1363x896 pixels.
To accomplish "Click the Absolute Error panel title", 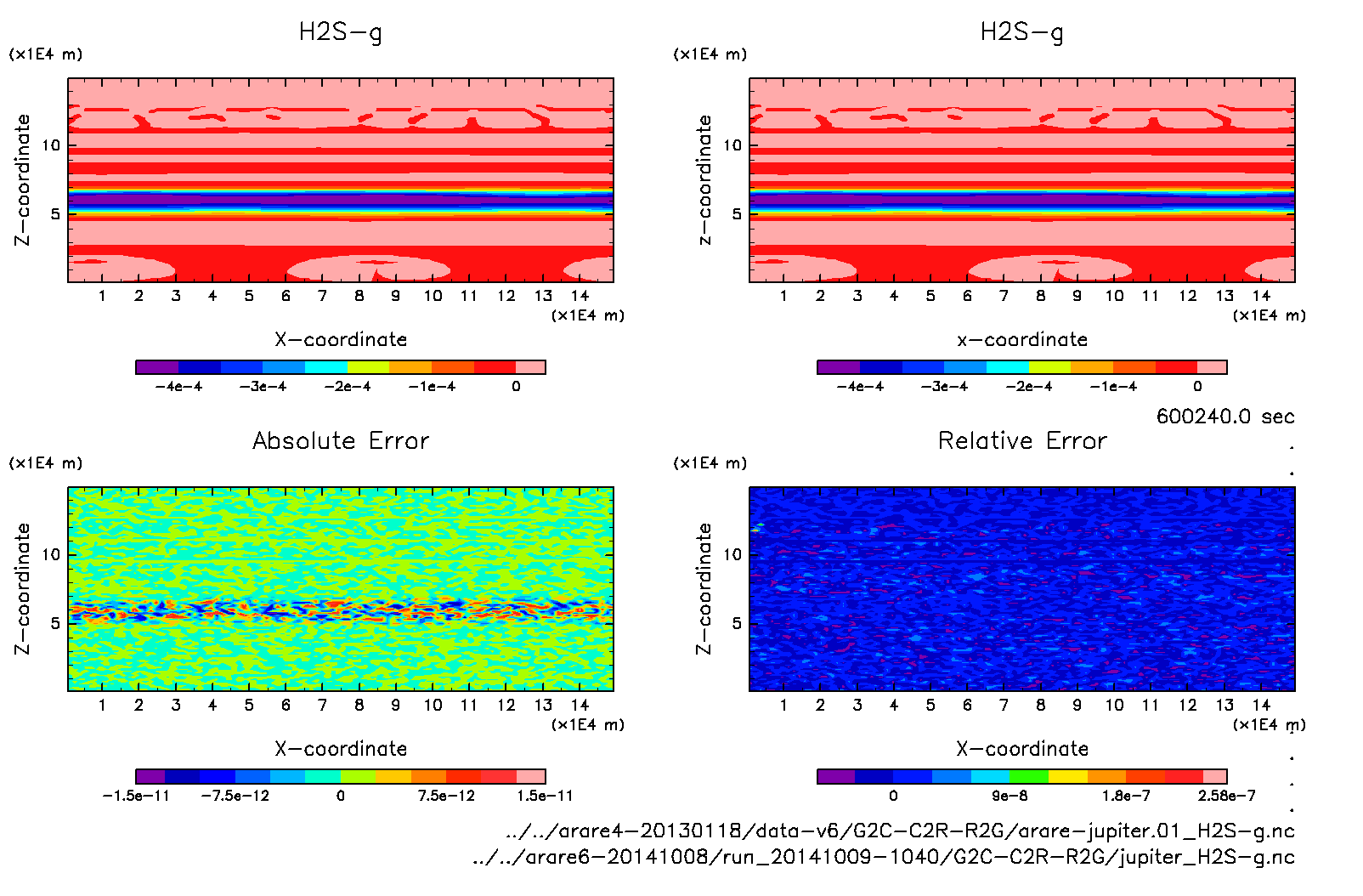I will pos(341,440).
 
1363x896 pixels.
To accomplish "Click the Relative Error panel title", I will pos(1022,440).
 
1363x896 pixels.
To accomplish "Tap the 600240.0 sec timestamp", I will pos(1224,417).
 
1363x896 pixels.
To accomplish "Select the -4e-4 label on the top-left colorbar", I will pos(178,387).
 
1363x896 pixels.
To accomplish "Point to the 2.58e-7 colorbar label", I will pos(1226,796).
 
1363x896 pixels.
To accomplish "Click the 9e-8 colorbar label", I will pos(1010,796).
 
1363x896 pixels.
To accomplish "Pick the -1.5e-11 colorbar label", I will pos(136,796).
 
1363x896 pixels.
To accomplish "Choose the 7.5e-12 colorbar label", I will pos(446,796).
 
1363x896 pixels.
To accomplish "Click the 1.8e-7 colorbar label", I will pos(1126,796).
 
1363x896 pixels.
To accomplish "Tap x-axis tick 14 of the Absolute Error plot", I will pos(580,705).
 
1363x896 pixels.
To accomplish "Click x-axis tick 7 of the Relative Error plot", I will pos(1004,705).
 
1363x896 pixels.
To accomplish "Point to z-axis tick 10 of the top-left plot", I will pos(52,145).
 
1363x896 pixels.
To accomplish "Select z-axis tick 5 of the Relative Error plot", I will pos(737,623).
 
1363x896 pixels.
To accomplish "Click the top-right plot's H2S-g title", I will pos(1021,32).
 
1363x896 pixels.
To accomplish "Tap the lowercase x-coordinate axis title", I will pos(1022,340).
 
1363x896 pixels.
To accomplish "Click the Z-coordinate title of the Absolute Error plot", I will pos(23,588).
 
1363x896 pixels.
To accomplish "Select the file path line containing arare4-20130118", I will pos(900,831).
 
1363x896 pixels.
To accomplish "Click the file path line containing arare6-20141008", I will pos(884,857).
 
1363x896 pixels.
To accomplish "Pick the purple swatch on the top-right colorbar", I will pos(838,367).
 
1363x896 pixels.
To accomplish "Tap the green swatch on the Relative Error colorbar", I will pos(1028,776).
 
